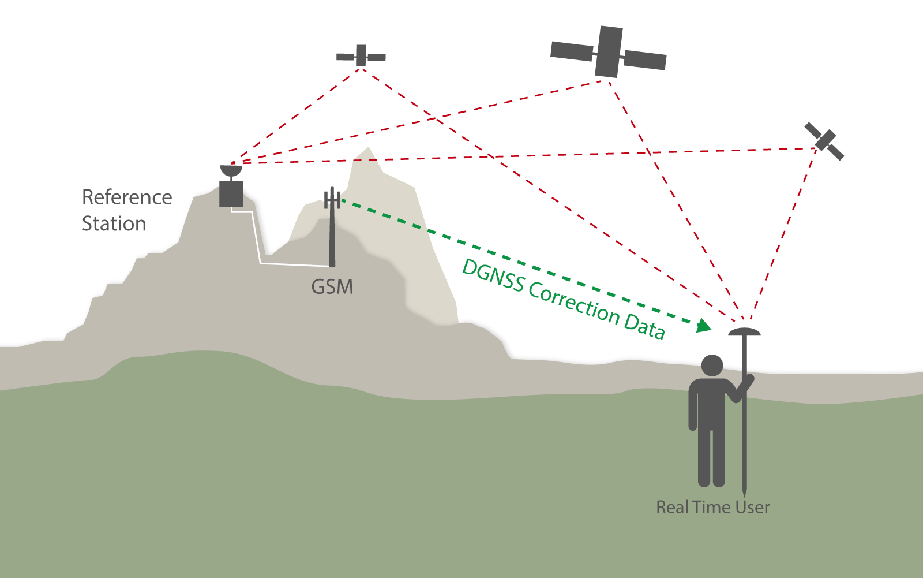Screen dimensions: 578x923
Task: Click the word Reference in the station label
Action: [x=127, y=197]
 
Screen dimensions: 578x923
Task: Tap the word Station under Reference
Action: [x=114, y=223]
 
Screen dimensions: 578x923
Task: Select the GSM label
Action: [x=332, y=286]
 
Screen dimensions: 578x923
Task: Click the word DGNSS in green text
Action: [x=494, y=277]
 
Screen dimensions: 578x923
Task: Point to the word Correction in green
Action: [x=573, y=304]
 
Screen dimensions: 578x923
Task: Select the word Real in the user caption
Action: [x=673, y=508]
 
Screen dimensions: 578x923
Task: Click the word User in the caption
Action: [x=752, y=508]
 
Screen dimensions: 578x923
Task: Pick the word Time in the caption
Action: [x=712, y=508]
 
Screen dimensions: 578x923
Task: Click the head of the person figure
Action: [x=712, y=366]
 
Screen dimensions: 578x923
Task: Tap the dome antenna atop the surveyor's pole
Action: [x=744, y=332]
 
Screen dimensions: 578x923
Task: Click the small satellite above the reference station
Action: [x=361, y=56]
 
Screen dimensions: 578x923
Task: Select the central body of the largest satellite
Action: [x=609, y=51]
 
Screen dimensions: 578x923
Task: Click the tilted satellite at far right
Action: [x=824, y=141]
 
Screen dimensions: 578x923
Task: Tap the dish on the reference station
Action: [x=231, y=171]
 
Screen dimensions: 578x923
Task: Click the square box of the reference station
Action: [x=231, y=194]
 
